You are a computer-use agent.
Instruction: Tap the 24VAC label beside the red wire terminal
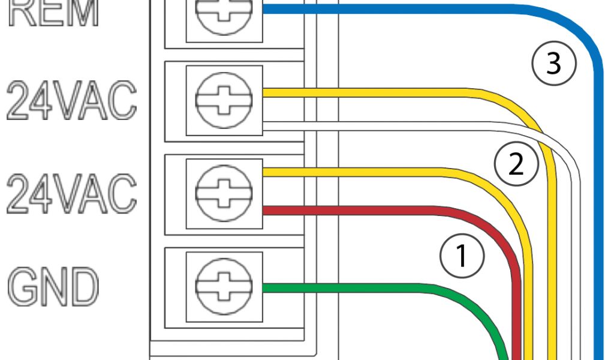[x=71, y=193]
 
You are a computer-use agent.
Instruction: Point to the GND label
[x=53, y=287]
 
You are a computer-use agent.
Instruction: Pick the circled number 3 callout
[x=553, y=62]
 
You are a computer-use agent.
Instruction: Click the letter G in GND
[x=22, y=287]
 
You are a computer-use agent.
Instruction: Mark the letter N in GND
[x=53, y=287]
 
